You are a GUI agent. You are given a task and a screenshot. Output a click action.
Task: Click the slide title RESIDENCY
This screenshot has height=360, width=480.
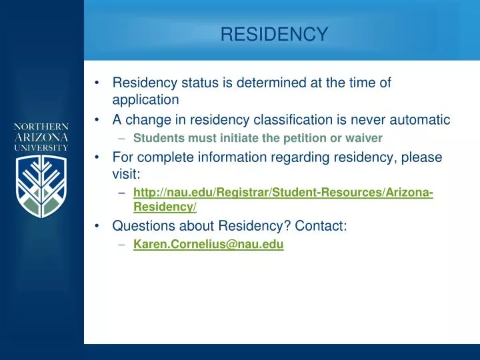(x=274, y=34)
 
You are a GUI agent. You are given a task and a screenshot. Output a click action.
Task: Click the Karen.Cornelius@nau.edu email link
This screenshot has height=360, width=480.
(x=208, y=245)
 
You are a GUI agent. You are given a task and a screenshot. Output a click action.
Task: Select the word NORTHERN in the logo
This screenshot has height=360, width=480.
(x=43, y=126)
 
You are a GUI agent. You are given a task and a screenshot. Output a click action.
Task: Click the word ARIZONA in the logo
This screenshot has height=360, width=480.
(x=43, y=137)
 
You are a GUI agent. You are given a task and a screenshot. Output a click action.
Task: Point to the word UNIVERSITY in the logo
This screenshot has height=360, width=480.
(x=43, y=147)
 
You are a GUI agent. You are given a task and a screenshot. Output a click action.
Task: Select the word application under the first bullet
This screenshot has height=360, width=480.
(x=145, y=99)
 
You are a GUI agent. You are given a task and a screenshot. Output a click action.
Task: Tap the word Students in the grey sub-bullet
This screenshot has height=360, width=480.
(x=157, y=139)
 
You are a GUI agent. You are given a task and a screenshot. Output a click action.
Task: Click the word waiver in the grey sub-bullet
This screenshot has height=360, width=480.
(x=365, y=139)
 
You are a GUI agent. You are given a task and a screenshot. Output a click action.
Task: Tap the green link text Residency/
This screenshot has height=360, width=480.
(x=165, y=207)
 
